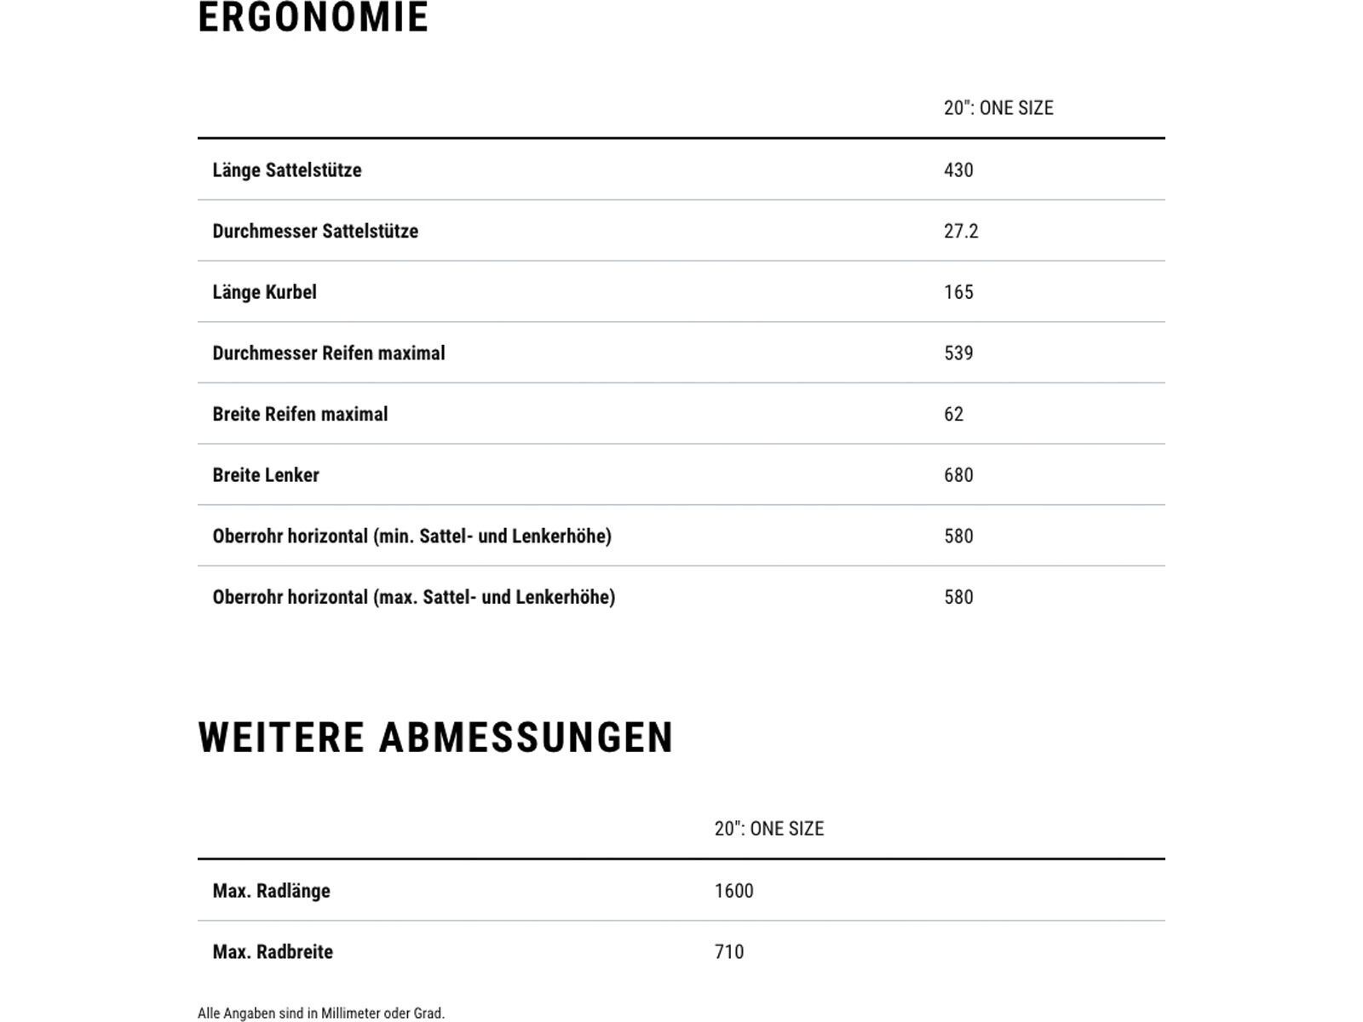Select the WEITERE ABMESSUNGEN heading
[435, 738]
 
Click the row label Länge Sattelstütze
[287, 170]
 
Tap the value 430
[958, 170]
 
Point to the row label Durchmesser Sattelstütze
[315, 232]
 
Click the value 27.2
[961, 232]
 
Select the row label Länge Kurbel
[264, 292]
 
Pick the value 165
[958, 292]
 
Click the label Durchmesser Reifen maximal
[329, 353]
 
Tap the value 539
[958, 353]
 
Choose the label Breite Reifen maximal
[300, 415]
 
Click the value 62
[953, 415]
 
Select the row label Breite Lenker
[266, 475]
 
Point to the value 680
[958, 475]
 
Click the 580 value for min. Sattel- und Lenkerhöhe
[958, 537]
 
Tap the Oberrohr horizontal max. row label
[414, 597]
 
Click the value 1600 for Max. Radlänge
[733, 891]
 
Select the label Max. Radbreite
[273, 952]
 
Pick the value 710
[729, 952]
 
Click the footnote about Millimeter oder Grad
[321, 1013]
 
